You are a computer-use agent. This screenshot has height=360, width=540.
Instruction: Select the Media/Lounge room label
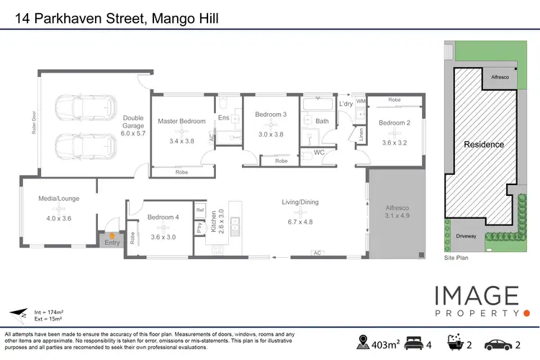pyautogui.click(x=59, y=198)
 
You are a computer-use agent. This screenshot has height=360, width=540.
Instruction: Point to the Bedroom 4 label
pyautogui.click(x=163, y=217)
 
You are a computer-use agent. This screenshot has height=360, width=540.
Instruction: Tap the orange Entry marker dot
pyautogui.click(x=112, y=235)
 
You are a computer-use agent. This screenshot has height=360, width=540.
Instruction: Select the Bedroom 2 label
pyautogui.click(x=394, y=123)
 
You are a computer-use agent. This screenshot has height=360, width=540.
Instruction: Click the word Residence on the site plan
pyautogui.click(x=483, y=144)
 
